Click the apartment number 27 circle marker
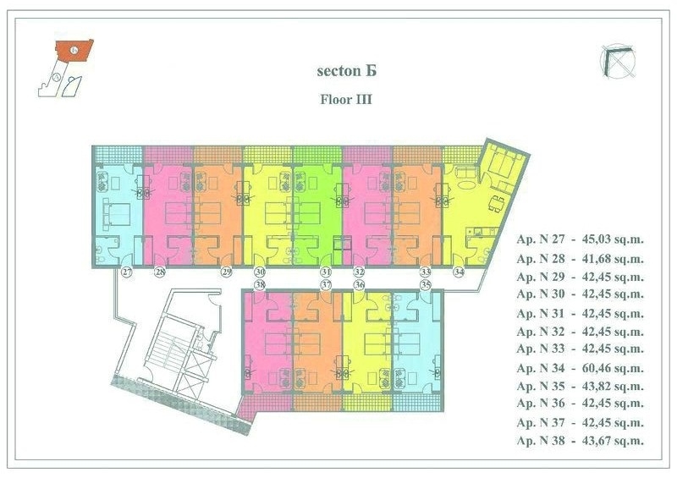pos(127,272)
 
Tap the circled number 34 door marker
pos(459,272)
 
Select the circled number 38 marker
pos(260,284)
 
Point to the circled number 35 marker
pos(426,284)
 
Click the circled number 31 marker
pos(326,272)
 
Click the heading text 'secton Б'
pos(347,71)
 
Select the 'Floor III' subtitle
pos(346,99)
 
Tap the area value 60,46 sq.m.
pos(613,368)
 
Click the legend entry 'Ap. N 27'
pos(540,239)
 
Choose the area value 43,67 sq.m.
pos(613,441)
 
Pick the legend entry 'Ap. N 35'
pos(540,386)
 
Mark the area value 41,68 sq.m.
pos(613,259)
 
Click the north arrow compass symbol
pos(618,61)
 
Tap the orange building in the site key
pos(74,51)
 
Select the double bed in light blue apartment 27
pos(116,215)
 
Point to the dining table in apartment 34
pos(497,203)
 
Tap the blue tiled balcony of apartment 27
pos(118,155)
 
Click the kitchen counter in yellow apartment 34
pos(482,232)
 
